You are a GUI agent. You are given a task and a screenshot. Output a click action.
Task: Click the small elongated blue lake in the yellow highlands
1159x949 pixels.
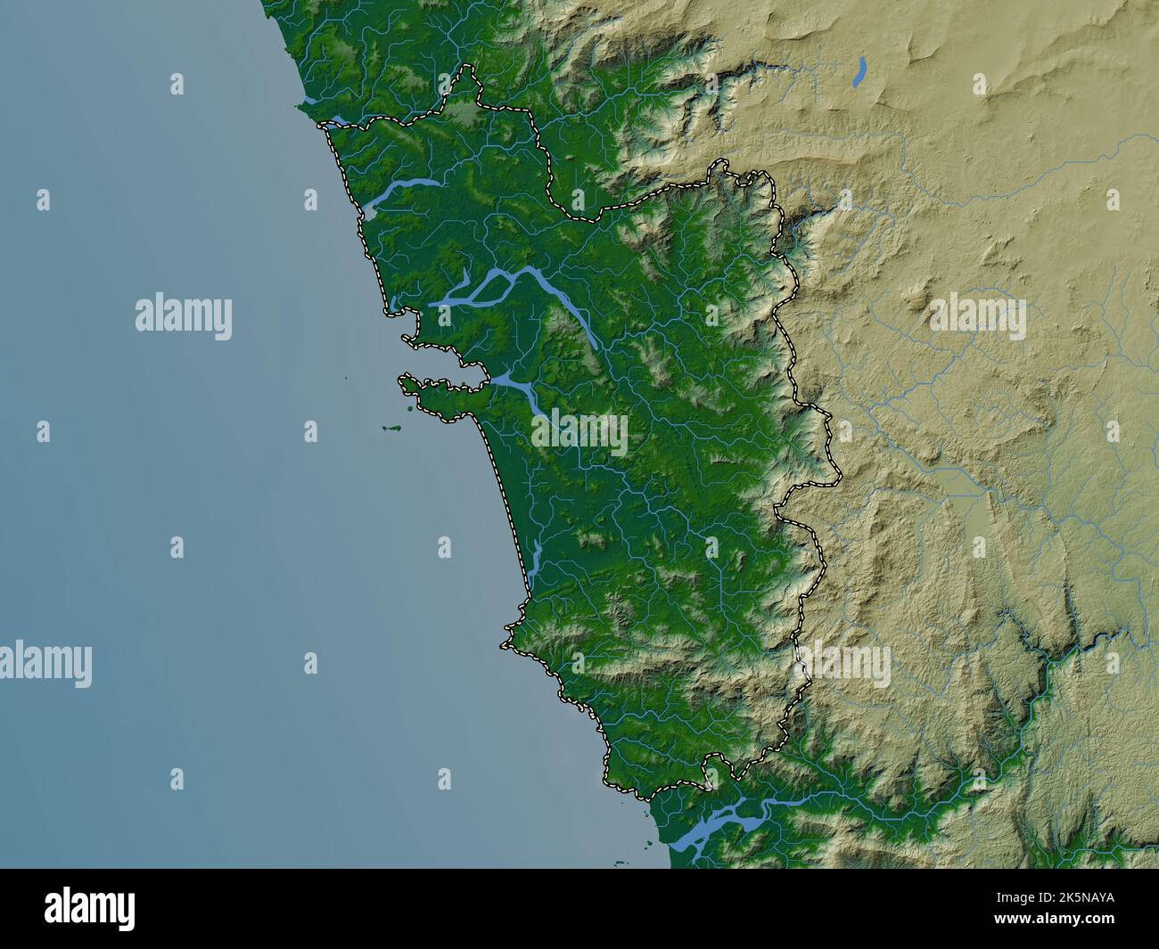pyautogui.click(x=859, y=72)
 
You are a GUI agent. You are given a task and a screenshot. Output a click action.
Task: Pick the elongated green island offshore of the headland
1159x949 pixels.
pyautogui.click(x=390, y=429)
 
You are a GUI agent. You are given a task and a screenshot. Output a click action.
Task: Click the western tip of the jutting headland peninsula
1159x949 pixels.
pyautogui.click(x=404, y=382)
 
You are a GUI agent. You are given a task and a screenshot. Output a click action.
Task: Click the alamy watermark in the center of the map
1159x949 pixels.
pyautogui.click(x=579, y=432)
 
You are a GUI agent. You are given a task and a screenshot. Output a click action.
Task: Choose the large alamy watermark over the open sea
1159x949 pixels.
pyautogui.click(x=184, y=317)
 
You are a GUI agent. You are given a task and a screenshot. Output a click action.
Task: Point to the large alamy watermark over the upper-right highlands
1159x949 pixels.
pyautogui.click(x=977, y=317)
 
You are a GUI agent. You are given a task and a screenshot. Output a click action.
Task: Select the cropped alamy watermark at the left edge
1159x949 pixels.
pyautogui.click(x=45, y=665)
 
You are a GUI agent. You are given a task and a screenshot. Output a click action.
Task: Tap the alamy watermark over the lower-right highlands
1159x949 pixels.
pyautogui.click(x=843, y=665)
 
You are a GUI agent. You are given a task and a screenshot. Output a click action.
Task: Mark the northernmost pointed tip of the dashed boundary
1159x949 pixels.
pyautogui.click(x=467, y=69)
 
